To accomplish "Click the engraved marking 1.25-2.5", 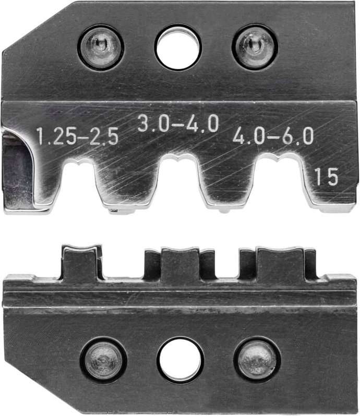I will point(78,137).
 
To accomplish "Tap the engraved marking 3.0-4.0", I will point(178,125).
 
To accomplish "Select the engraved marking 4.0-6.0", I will point(273,137).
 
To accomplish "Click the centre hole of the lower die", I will point(180,360).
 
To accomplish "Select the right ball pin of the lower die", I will point(257,360).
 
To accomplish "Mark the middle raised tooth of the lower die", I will point(180,264).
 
